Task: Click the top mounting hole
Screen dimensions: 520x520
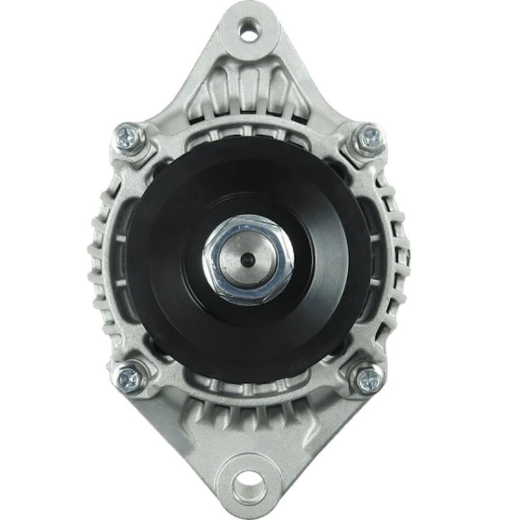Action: click(248, 29)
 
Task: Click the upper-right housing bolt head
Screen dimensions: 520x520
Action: click(369, 138)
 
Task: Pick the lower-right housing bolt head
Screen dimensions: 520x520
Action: click(369, 378)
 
